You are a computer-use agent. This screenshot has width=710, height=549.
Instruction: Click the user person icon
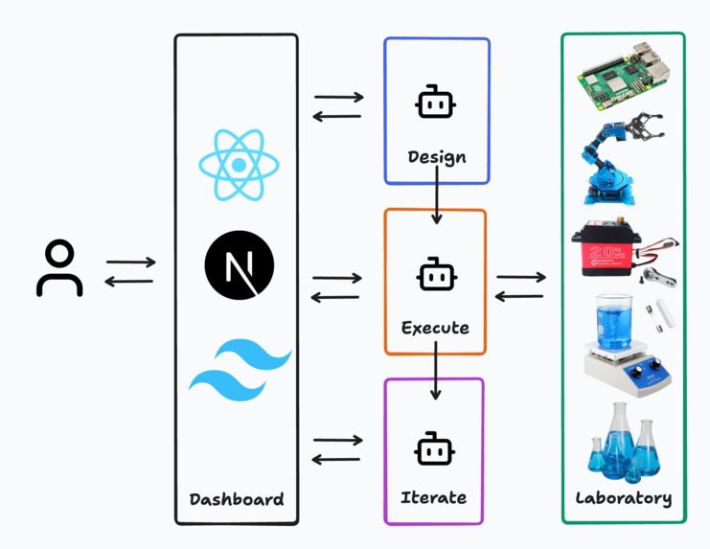click(x=59, y=269)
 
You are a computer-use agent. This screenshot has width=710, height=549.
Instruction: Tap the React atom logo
click(x=237, y=166)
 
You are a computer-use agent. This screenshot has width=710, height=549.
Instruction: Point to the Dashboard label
click(x=236, y=499)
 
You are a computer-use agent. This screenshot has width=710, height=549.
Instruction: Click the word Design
click(x=437, y=156)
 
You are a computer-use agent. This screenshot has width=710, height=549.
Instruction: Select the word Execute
click(x=435, y=328)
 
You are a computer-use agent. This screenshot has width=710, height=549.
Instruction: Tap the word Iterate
click(x=433, y=497)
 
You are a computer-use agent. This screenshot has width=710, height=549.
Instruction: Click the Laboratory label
click(x=623, y=498)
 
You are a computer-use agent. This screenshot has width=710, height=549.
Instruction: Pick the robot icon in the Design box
click(x=435, y=103)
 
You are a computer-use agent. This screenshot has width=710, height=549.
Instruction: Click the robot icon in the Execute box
click(x=435, y=275)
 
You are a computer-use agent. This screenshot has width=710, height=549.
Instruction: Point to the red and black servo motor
click(x=619, y=250)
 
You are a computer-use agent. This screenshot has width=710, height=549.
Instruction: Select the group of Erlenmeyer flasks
click(x=623, y=442)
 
